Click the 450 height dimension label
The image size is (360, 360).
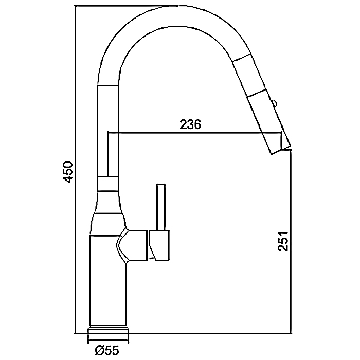coord(68,172)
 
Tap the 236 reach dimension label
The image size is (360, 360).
coord(190,124)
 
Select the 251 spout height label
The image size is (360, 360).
coord(283,241)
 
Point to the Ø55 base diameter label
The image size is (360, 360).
coord(107,350)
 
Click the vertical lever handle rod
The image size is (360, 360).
coord(160,207)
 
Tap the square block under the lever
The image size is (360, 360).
coord(159,245)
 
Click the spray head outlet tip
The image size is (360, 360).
coord(281,150)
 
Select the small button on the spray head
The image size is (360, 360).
coord(274,103)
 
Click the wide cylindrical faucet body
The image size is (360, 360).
coord(107,281)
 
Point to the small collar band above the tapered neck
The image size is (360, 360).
coord(109,184)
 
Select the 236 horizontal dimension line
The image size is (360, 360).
coord(194,133)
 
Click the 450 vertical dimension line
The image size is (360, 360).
coord(76,169)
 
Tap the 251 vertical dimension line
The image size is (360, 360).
coord(292,241)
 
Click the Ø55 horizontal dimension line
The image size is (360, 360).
coord(108,339)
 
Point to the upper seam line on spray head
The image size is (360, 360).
coord(242,58)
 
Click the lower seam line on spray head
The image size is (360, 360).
coord(256,94)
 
